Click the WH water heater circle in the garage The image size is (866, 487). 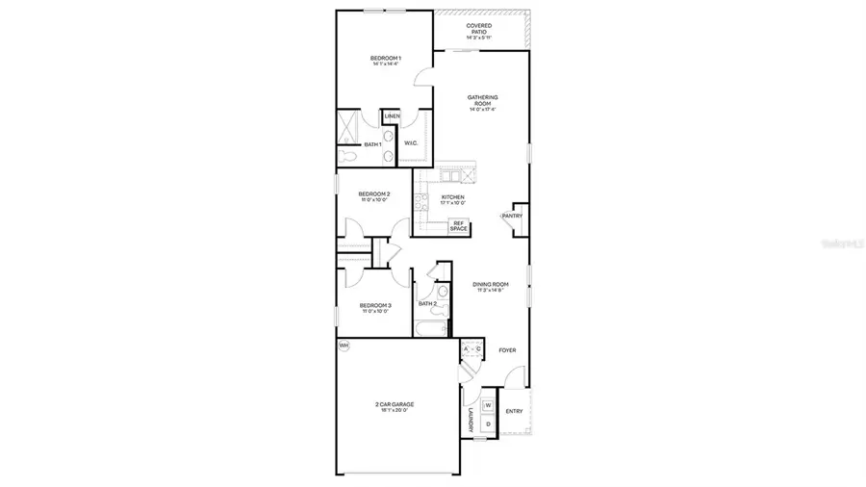344,346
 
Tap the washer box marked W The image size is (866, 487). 488,405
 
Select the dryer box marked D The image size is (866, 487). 488,423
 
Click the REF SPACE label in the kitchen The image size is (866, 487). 459,226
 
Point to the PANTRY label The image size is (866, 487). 511,216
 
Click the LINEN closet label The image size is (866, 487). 392,116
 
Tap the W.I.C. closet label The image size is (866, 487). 410,143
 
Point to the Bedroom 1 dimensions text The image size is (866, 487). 386,64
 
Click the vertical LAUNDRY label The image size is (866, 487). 471,422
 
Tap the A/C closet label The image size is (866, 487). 471,349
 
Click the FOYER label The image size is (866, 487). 507,350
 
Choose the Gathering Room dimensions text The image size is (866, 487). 482,109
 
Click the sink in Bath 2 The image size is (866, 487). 441,292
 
